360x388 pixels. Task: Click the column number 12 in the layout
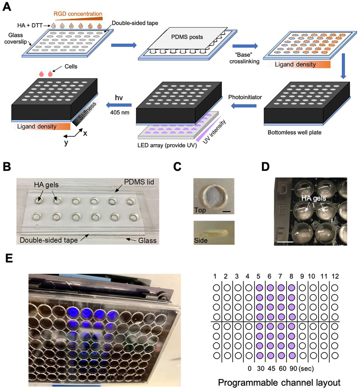pos(335,276)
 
